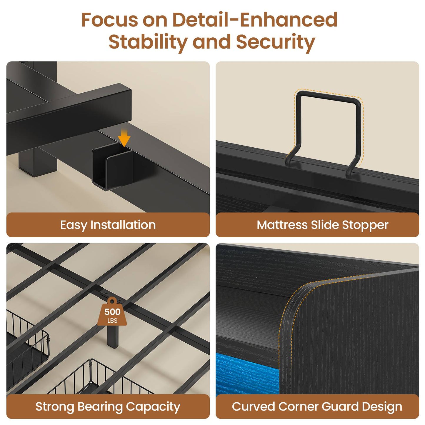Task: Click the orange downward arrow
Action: (x=124, y=138)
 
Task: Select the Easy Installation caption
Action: (x=108, y=225)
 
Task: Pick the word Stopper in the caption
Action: (x=365, y=225)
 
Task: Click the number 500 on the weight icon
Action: (x=112, y=312)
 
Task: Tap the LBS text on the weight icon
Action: (x=112, y=321)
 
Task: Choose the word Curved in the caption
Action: (x=253, y=406)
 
